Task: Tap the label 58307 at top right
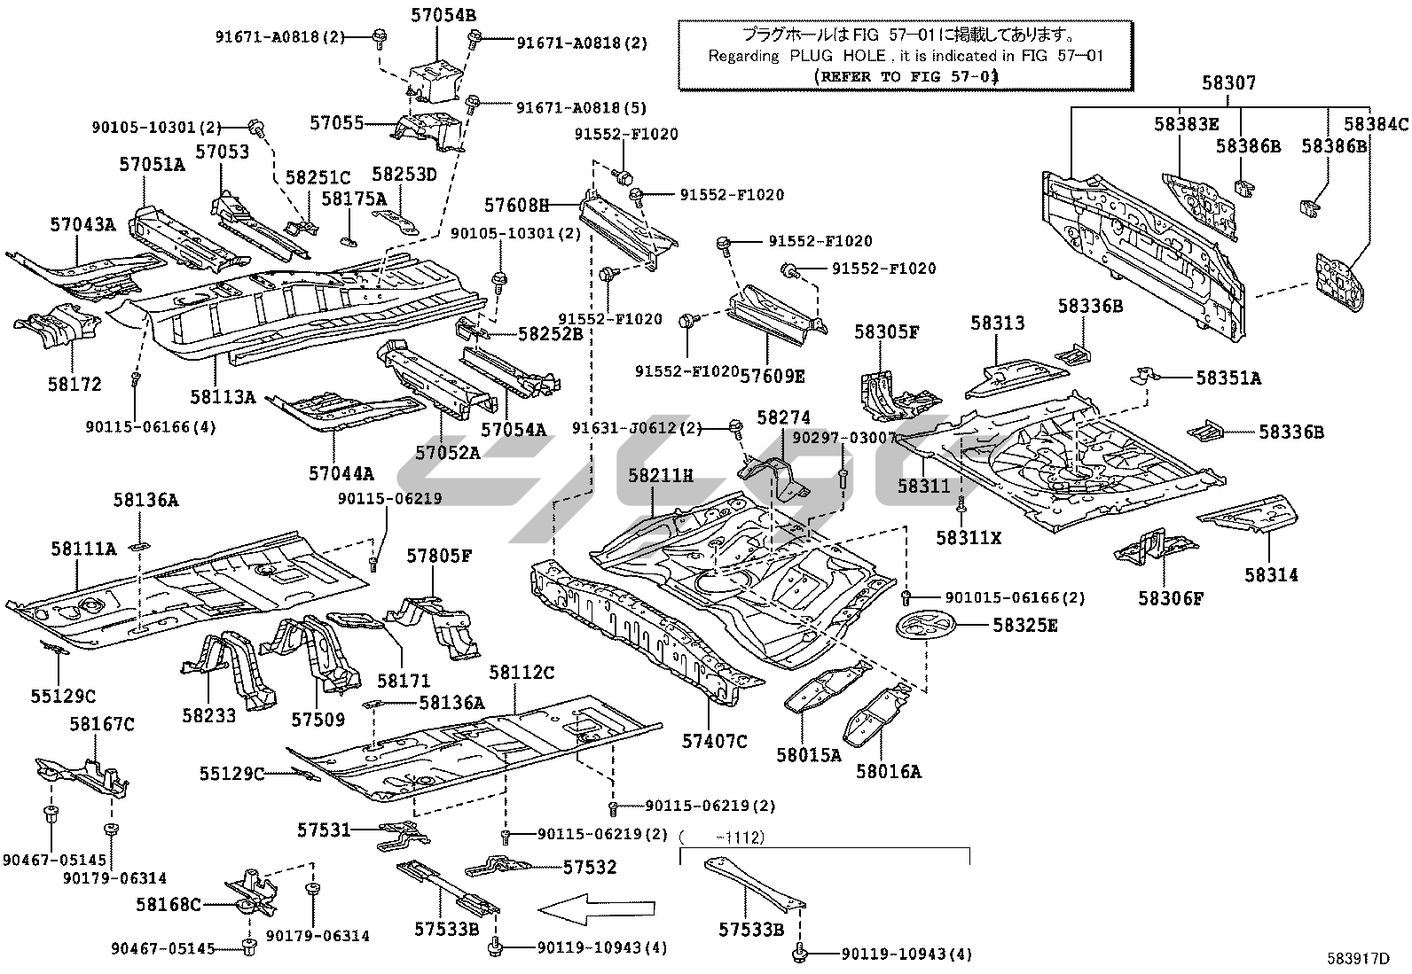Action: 1228,83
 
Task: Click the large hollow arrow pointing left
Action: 597,908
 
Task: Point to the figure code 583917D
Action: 1357,957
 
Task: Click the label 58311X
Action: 969,537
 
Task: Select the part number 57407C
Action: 715,741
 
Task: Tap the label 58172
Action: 75,385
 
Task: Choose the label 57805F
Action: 439,557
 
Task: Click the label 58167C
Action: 102,725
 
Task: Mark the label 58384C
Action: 1376,124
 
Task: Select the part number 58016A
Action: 888,772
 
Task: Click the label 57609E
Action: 773,376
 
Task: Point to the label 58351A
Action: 1228,378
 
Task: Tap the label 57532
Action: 589,867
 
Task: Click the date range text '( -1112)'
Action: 722,836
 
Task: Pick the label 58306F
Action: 1171,598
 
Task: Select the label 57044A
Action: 341,473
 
